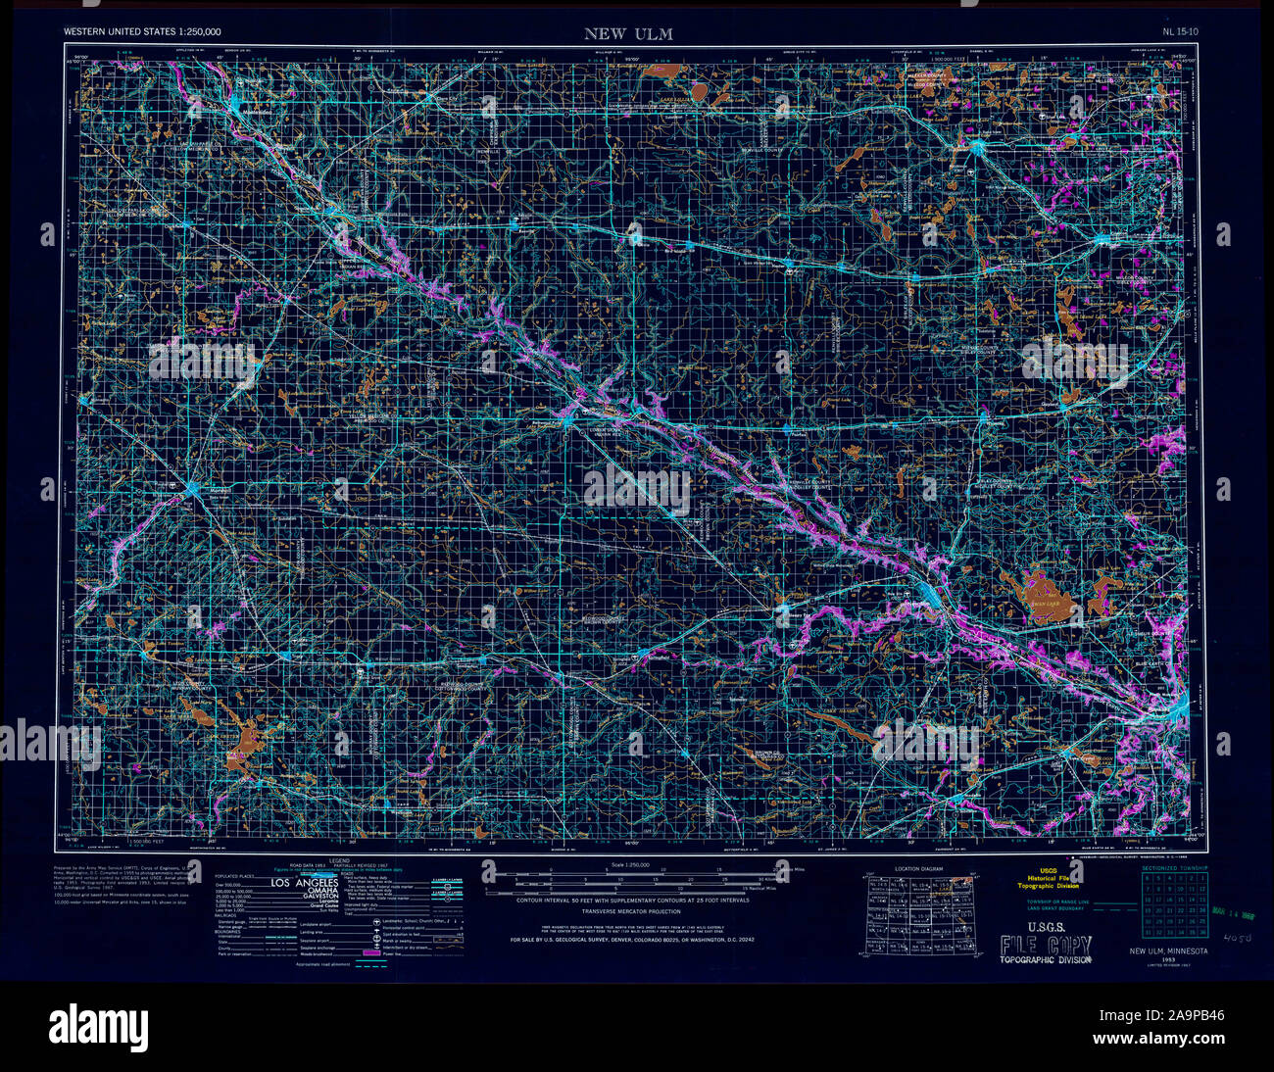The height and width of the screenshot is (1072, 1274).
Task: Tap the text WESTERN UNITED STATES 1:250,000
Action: pyautogui.click(x=142, y=32)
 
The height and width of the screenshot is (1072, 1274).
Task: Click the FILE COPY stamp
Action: pyautogui.click(x=1045, y=945)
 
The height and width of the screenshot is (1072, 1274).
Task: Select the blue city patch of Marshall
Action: pyautogui.click(x=192, y=487)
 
